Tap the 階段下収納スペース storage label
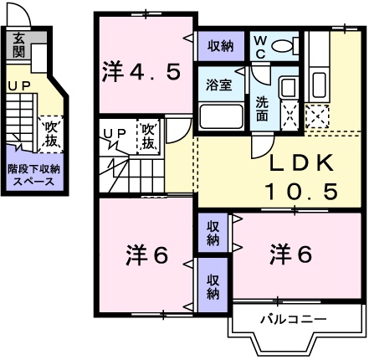34,175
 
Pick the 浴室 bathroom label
220,85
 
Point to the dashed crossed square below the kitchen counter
318,116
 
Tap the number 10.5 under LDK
301,192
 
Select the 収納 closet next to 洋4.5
221,46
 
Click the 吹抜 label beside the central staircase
148,136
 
